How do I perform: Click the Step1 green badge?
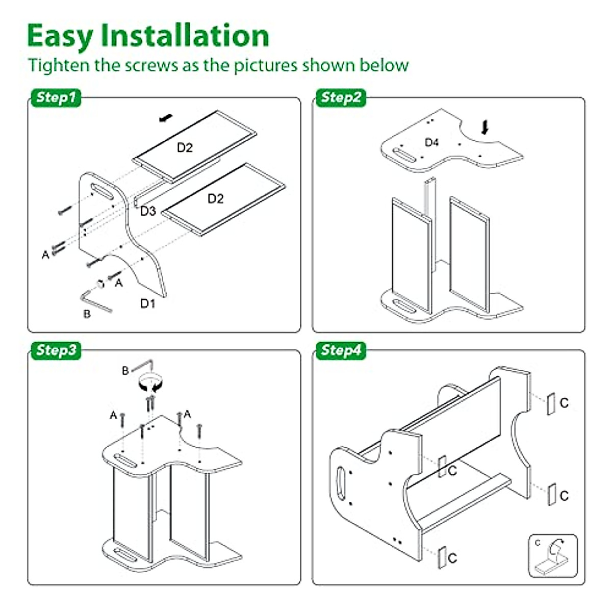(x=56, y=97)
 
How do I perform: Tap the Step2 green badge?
(x=341, y=97)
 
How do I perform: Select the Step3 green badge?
(x=56, y=350)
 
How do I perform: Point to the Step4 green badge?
(x=341, y=350)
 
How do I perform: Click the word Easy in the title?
(x=60, y=36)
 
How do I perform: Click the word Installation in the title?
(x=185, y=36)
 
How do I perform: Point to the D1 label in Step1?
(x=148, y=303)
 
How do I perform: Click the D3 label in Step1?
(x=148, y=211)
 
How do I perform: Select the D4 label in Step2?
(x=431, y=142)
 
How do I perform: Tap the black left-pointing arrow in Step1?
(x=166, y=119)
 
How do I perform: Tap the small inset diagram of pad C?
(x=553, y=556)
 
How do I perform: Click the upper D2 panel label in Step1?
(x=185, y=147)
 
